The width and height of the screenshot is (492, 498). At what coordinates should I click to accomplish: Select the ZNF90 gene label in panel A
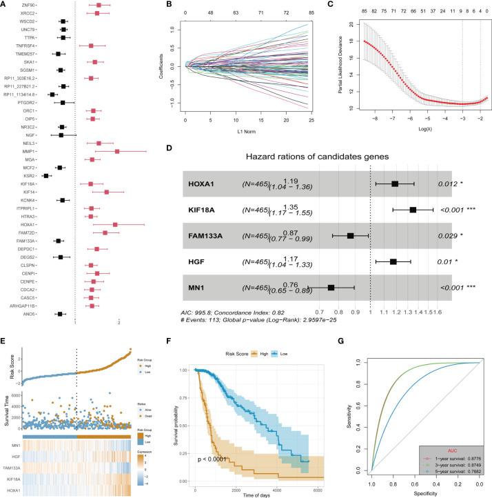pyautogui.click(x=28, y=6)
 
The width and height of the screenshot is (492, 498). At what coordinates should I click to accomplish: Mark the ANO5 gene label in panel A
pyautogui.click(x=29, y=314)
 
